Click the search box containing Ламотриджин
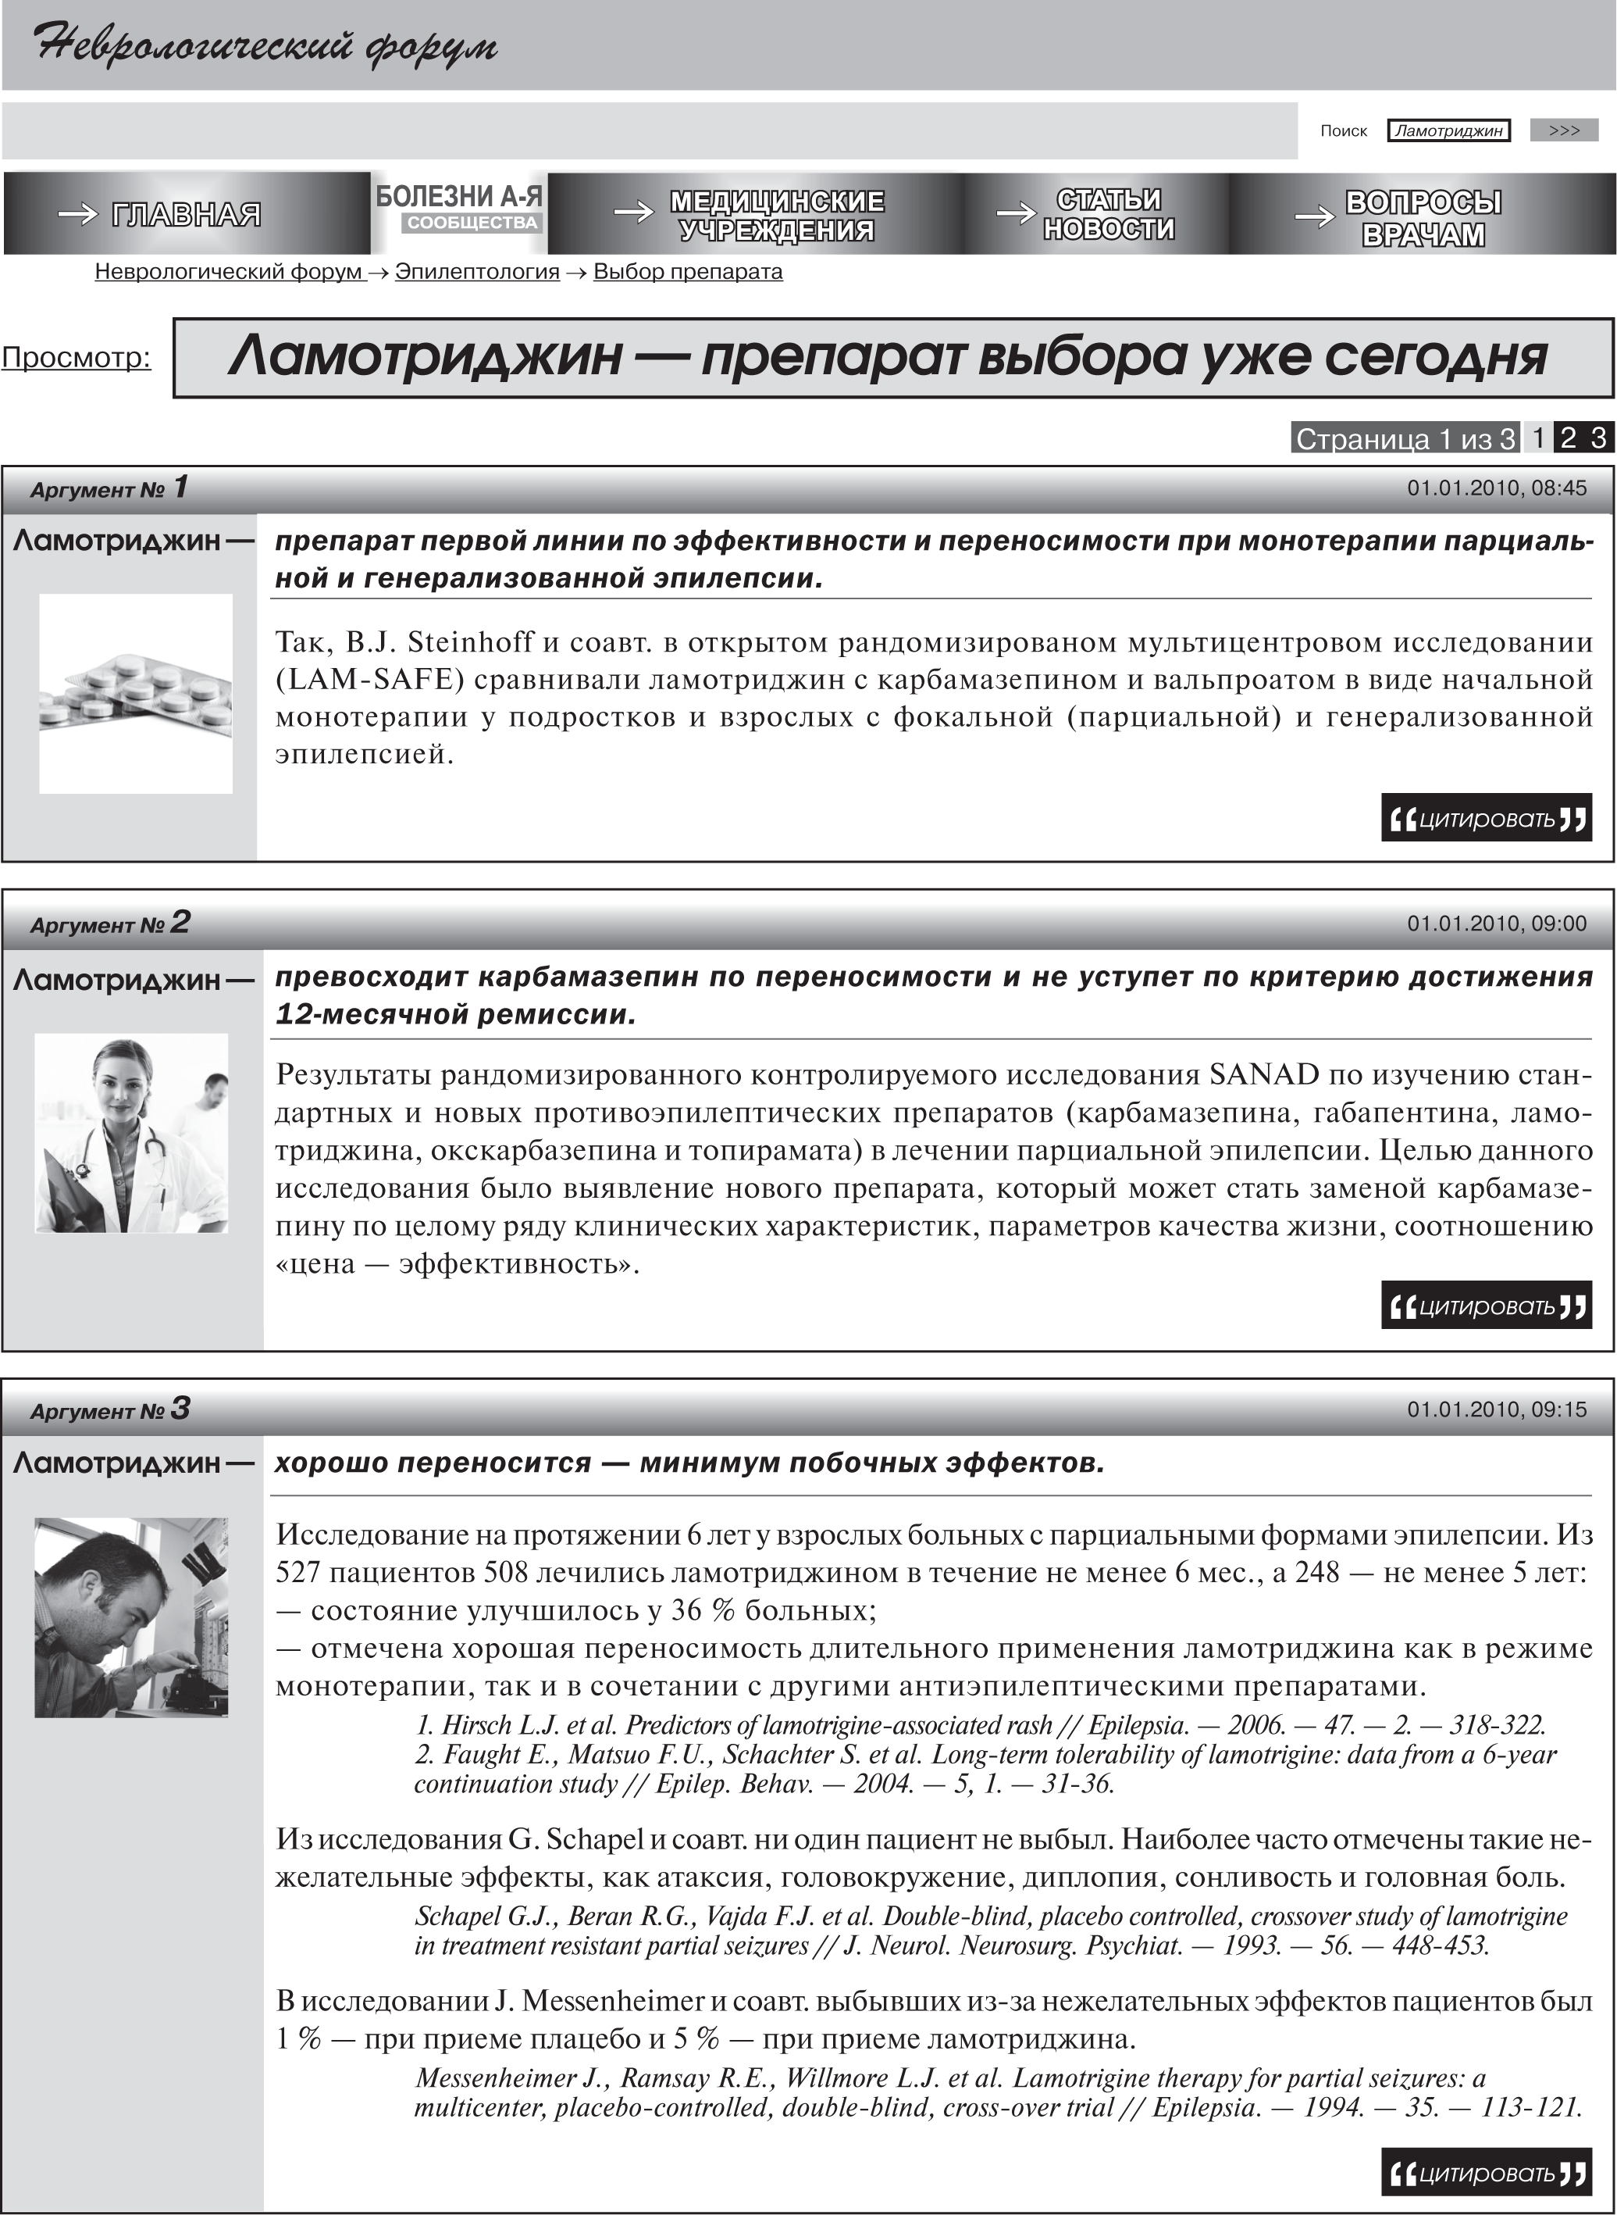click(1448, 130)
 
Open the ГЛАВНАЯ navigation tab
click(185, 213)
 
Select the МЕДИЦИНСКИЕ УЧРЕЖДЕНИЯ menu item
click(776, 214)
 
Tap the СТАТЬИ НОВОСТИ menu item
click(1108, 213)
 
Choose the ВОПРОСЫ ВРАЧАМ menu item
click(1423, 217)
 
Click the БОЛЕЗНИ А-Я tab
click(459, 198)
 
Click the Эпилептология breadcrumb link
click(477, 271)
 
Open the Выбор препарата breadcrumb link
click(687, 271)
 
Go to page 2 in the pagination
click(1568, 438)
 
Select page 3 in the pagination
click(1597, 438)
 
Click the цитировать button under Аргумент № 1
click(1486, 819)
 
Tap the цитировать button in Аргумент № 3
click(1486, 2174)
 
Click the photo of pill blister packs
click(135, 693)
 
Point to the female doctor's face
click(123, 1078)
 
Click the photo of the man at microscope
click(131, 1617)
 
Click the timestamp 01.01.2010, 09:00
click(1496, 924)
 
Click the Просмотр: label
click(77, 357)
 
